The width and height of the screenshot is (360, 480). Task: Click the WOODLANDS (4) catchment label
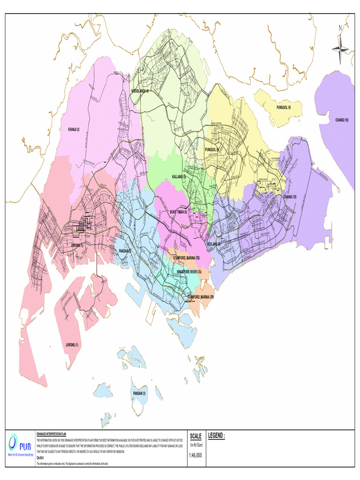140,91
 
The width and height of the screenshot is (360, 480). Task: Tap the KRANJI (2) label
75,129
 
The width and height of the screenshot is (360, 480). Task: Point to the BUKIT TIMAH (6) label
179,212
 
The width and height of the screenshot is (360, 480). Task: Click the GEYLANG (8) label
214,244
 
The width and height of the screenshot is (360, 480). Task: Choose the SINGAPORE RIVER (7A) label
189,272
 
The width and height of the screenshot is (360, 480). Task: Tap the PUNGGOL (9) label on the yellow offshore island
284,108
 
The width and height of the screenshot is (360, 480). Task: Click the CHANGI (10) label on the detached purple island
342,120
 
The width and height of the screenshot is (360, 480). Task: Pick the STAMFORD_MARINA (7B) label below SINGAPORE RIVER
200,297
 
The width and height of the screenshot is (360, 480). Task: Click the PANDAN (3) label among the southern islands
140,393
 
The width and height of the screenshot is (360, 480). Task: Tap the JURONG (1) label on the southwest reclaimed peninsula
72,345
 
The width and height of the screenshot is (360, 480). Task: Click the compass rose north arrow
340,45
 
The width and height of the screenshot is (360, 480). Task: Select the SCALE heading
195,436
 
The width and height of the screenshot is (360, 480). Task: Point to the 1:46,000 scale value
195,455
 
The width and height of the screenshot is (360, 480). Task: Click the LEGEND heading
216,436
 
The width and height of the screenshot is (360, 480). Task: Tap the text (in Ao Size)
195,445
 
